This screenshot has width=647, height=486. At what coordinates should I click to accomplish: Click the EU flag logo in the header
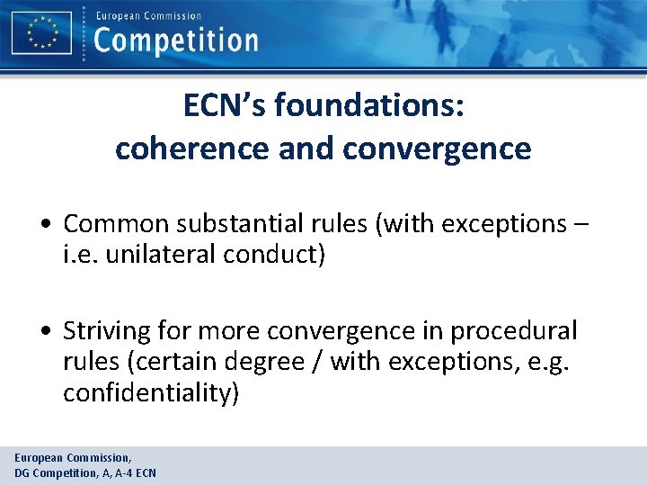pos(41,32)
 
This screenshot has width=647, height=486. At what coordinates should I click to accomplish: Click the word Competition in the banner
pos(175,40)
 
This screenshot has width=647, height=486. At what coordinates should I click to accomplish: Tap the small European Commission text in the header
pos(148,15)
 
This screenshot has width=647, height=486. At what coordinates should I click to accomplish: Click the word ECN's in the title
pos(225,106)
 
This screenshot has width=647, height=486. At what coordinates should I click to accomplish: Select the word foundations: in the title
pos(369,106)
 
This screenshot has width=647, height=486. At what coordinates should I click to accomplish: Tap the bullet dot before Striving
pos(51,332)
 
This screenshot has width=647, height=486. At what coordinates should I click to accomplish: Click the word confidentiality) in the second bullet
pos(151,394)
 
